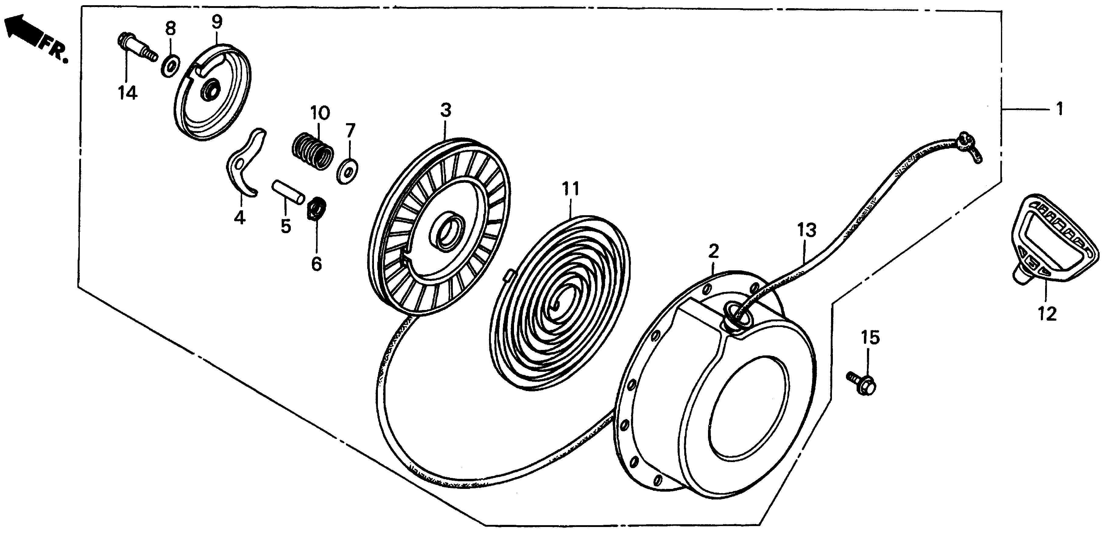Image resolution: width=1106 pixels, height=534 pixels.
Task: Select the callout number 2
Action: point(713,251)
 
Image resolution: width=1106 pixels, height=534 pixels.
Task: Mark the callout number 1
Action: point(1060,109)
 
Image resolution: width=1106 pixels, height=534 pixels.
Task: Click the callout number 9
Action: point(217,21)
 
